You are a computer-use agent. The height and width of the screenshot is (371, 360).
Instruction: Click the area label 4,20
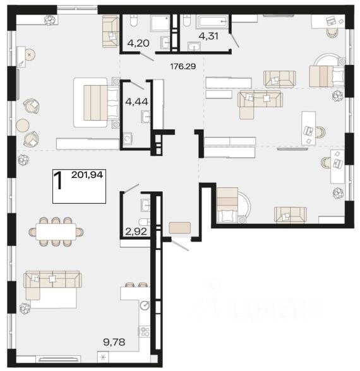[x=138, y=44]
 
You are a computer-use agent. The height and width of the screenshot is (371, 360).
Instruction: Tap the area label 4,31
[x=208, y=36]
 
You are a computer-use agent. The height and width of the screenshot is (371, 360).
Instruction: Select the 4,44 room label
[x=137, y=102]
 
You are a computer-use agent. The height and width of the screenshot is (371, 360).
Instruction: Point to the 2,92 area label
[x=136, y=232]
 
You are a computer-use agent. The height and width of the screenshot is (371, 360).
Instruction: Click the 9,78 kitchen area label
[x=114, y=342]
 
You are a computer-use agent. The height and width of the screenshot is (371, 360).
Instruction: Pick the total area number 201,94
[x=87, y=175]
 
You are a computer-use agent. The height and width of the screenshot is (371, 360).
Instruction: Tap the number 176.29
[x=183, y=66]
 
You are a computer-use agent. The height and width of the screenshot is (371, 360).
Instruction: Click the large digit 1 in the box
[x=58, y=180]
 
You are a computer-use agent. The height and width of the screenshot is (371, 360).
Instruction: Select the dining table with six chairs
[x=56, y=232]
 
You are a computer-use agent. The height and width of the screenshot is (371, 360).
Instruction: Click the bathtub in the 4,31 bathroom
[x=212, y=21]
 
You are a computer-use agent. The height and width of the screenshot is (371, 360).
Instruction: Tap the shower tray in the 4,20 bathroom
[x=160, y=23]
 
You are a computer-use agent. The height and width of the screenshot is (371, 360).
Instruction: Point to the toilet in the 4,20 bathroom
[x=134, y=21]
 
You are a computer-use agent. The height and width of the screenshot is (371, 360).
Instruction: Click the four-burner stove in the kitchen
[x=144, y=331]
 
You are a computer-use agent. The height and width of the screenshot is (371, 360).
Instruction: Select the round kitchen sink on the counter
[x=145, y=305]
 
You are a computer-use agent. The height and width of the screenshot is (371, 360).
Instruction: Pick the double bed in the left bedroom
[x=96, y=102]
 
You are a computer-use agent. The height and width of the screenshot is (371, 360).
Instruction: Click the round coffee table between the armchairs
[x=23, y=125]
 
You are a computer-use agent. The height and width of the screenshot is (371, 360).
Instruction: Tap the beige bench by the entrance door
[x=180, y=228]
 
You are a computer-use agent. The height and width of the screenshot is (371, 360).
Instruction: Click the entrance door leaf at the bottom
[x=180, y=245]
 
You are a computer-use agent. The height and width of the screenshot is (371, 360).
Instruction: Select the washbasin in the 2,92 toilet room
[x=145, y=205]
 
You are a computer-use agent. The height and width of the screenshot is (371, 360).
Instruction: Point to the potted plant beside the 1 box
[x=23, y=160]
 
